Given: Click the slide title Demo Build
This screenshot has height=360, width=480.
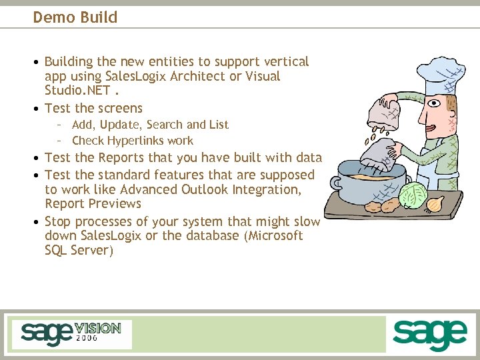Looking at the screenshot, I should (x=75, y=17).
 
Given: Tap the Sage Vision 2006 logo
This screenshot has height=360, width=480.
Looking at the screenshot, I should (x=71, y=334).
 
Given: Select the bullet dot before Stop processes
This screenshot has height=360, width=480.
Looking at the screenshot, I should (x=37, y=222).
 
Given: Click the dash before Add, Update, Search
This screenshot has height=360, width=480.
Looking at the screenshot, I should (x=59, y=125).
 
